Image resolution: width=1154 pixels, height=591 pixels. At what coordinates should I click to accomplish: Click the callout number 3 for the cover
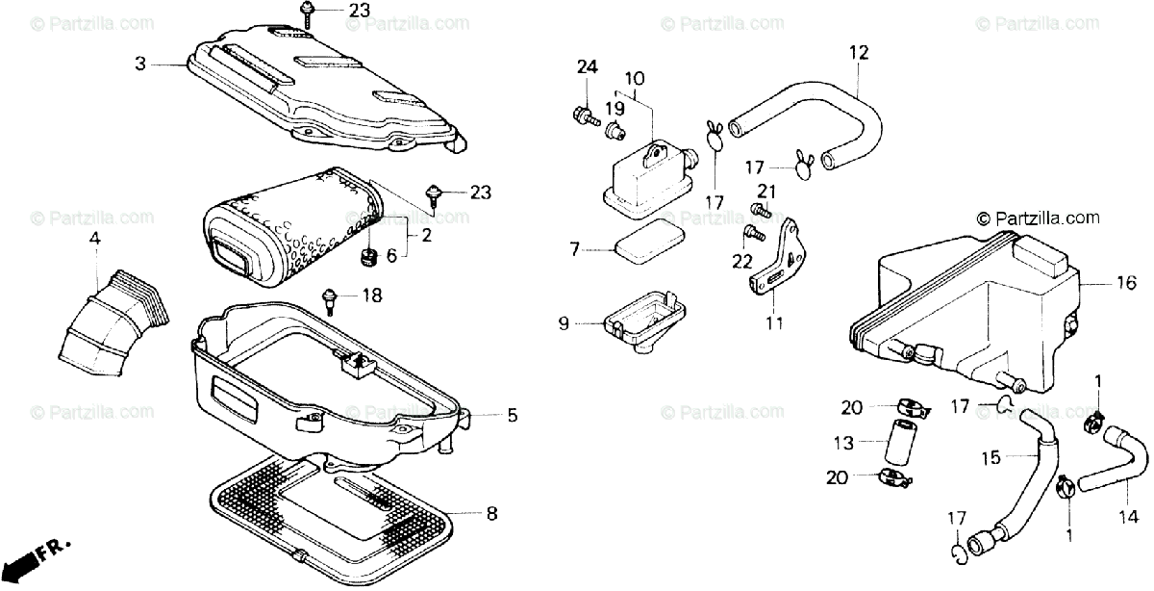[140, 64]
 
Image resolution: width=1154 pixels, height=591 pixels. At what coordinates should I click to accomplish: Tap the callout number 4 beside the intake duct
[94, 239]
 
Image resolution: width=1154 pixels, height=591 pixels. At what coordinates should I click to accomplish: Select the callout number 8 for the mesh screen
[491, 514]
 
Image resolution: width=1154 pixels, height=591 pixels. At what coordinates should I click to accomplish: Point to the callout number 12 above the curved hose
[858, 53]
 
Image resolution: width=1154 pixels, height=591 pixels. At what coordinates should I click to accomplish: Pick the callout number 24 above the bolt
[587, 66]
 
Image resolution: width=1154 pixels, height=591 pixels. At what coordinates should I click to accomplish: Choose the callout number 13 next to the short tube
[843, 445]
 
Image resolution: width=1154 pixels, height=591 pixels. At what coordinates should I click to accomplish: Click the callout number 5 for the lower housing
[512, 416]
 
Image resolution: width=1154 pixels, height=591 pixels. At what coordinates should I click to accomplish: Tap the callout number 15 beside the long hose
[990, 456]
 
